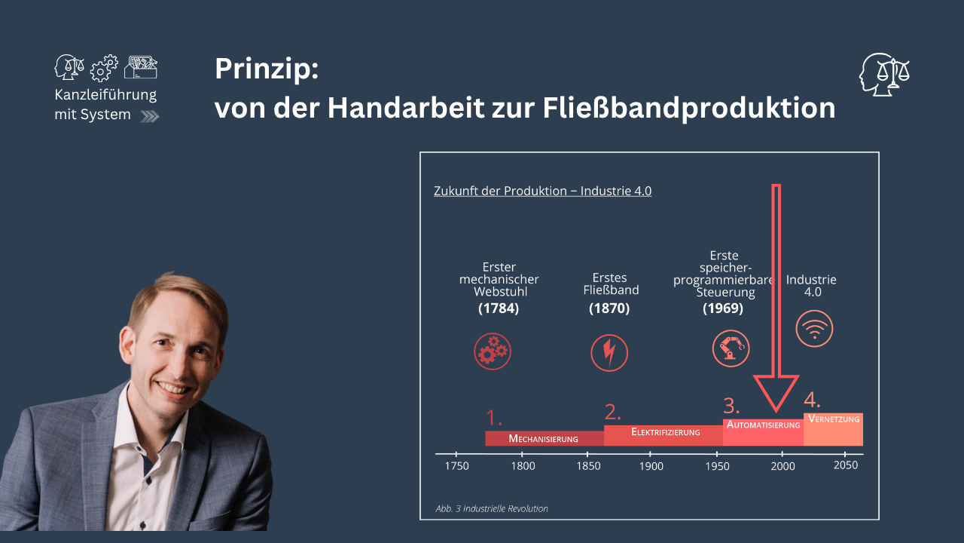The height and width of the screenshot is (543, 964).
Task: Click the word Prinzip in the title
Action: point(267,70)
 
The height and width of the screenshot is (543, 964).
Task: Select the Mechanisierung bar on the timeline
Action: point(544,438)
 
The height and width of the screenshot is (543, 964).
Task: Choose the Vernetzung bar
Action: point(833,428)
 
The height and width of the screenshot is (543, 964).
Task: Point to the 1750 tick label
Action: point(457,466)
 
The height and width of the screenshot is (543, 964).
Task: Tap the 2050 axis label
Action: point(845,466)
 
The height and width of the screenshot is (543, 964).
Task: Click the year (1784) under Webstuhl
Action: point(499,308)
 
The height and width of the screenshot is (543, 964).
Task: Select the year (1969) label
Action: point(723,308)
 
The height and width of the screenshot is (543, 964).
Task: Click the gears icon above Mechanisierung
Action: point(493,351)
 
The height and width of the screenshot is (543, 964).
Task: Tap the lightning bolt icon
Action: point(609,352)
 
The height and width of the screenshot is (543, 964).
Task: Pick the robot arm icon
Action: point(731,348)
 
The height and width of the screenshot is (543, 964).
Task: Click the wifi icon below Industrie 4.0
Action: point(814,329)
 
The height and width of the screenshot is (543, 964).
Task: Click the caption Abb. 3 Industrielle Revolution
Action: point(492,509)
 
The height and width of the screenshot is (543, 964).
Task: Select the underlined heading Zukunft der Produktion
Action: point(542,192)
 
